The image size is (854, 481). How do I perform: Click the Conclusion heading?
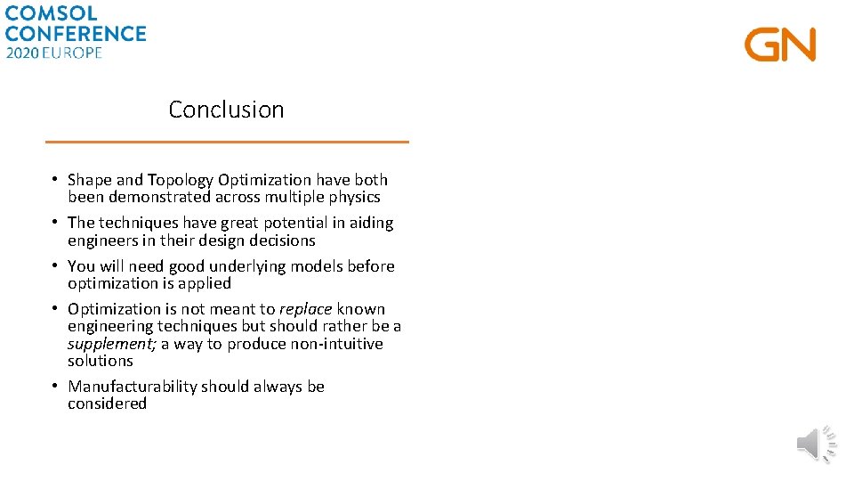[x=226, y=110]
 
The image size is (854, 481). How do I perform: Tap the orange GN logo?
[x=780, y=45]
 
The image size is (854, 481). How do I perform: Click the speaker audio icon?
[x=816, y=444]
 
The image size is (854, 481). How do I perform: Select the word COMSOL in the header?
[x=52, y=14]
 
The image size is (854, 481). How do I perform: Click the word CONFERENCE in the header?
[x=75, y=34]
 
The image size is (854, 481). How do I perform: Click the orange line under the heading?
[x=227, y=142]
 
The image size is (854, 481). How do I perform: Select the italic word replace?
[x=305, y=309]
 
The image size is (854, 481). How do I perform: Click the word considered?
[x=107, y=404]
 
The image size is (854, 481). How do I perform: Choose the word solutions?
[x=100, y=361]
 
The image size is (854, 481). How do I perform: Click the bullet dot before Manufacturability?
[x=55, y=386]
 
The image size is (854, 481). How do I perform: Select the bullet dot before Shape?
[x=55, y=179]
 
